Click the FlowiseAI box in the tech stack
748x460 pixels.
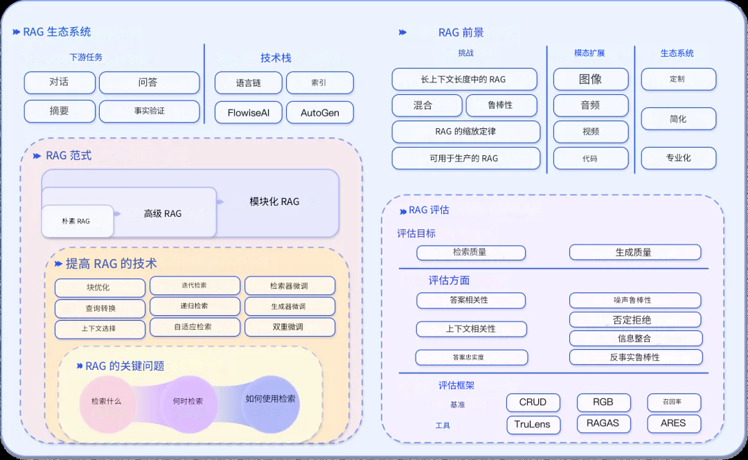[x=248, y=112]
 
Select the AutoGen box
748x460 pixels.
[x=319, y=112]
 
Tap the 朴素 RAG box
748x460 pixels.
[x=77, y=221]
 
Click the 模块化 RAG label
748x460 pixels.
[x=274, y=202]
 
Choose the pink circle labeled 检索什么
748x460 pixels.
[x=106, y=400]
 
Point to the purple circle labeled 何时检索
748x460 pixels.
[x=188, y=400]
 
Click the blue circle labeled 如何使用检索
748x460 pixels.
[x=270, y=399]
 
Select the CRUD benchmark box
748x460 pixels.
[x=533, y=402]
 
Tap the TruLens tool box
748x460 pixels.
[x=533, y=424]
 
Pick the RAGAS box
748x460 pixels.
[x=603, y=423]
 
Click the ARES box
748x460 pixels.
[x=673, y=423]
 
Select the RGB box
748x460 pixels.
[x=603, y=402]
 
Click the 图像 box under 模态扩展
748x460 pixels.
[x=590, y=79]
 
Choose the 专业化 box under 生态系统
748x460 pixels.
[x=678, y=158]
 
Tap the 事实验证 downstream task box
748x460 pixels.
[x=149, y=111]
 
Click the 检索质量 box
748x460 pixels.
[x=470, y=253]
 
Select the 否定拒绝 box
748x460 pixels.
[x=635, y=320]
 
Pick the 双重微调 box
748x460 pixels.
[x=290, y=327]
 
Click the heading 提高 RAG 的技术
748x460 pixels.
[x=111, y=263]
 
